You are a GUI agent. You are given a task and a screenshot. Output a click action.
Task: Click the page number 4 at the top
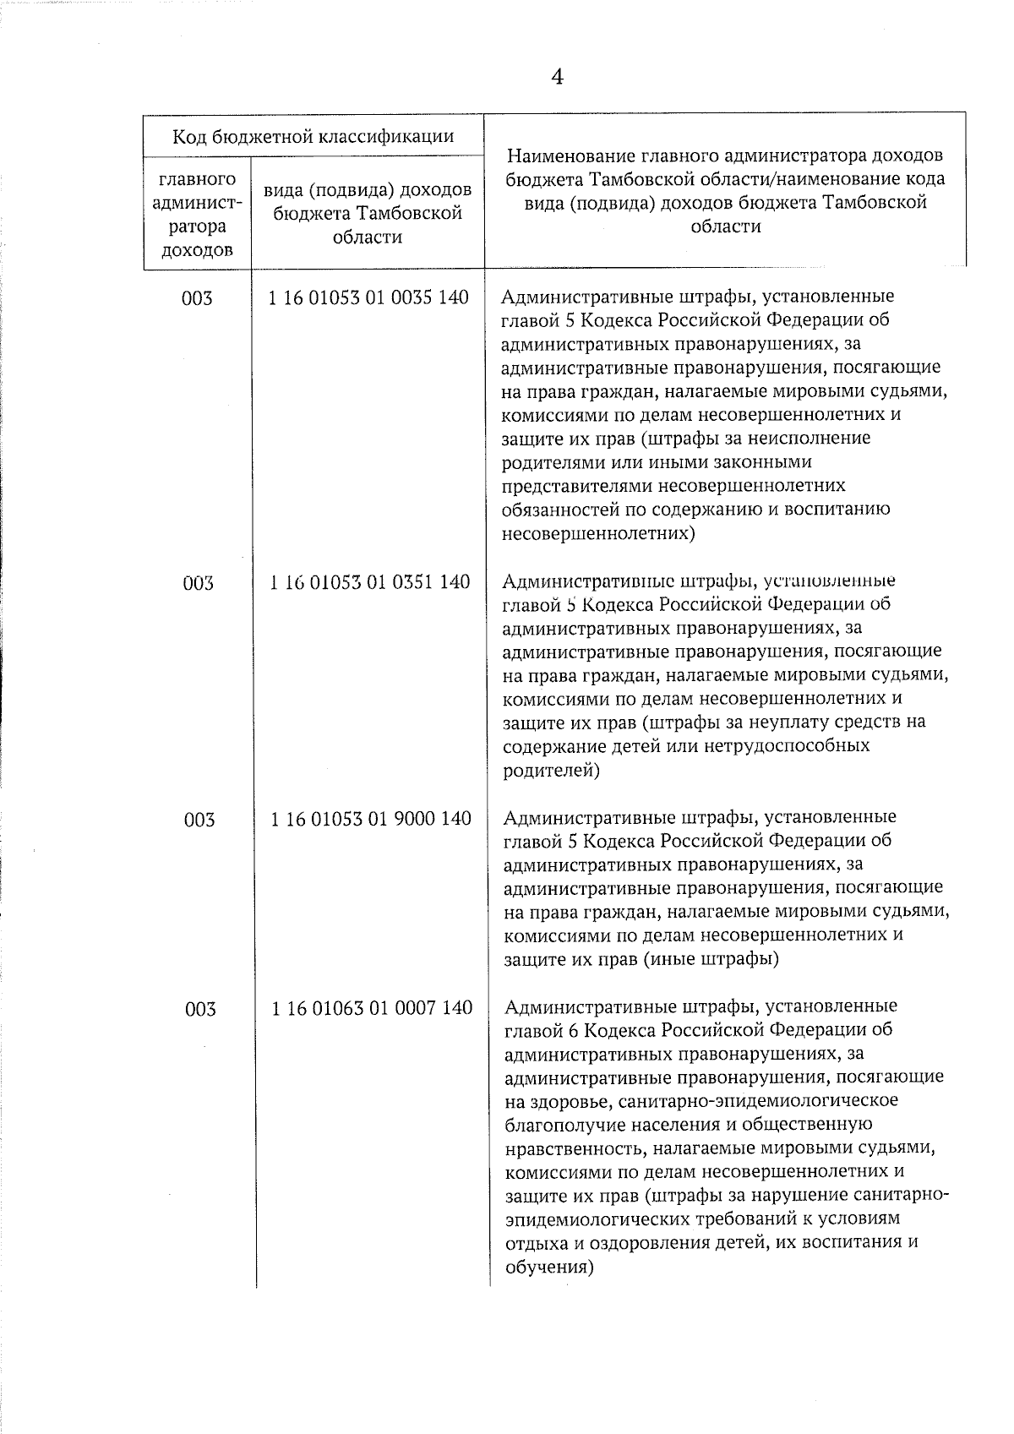557,78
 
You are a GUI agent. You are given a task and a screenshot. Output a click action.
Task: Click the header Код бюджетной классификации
313,136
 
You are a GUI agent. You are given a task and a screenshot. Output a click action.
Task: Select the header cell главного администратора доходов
197,215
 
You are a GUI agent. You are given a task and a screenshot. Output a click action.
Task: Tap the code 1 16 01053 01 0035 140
368,297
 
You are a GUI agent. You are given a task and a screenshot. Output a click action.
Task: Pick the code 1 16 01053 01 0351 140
370,582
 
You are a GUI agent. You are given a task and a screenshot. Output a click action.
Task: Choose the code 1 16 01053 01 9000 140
371,818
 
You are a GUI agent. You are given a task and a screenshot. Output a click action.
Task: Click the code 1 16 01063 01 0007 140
372,1007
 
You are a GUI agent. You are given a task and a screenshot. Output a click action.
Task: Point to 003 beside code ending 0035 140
197,298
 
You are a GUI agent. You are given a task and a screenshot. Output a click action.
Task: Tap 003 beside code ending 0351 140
199,583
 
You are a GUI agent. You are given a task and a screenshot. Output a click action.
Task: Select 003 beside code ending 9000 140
199,820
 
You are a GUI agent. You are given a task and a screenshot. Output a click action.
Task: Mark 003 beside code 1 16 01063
200,1009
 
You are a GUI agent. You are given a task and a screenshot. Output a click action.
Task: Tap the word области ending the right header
725,226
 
